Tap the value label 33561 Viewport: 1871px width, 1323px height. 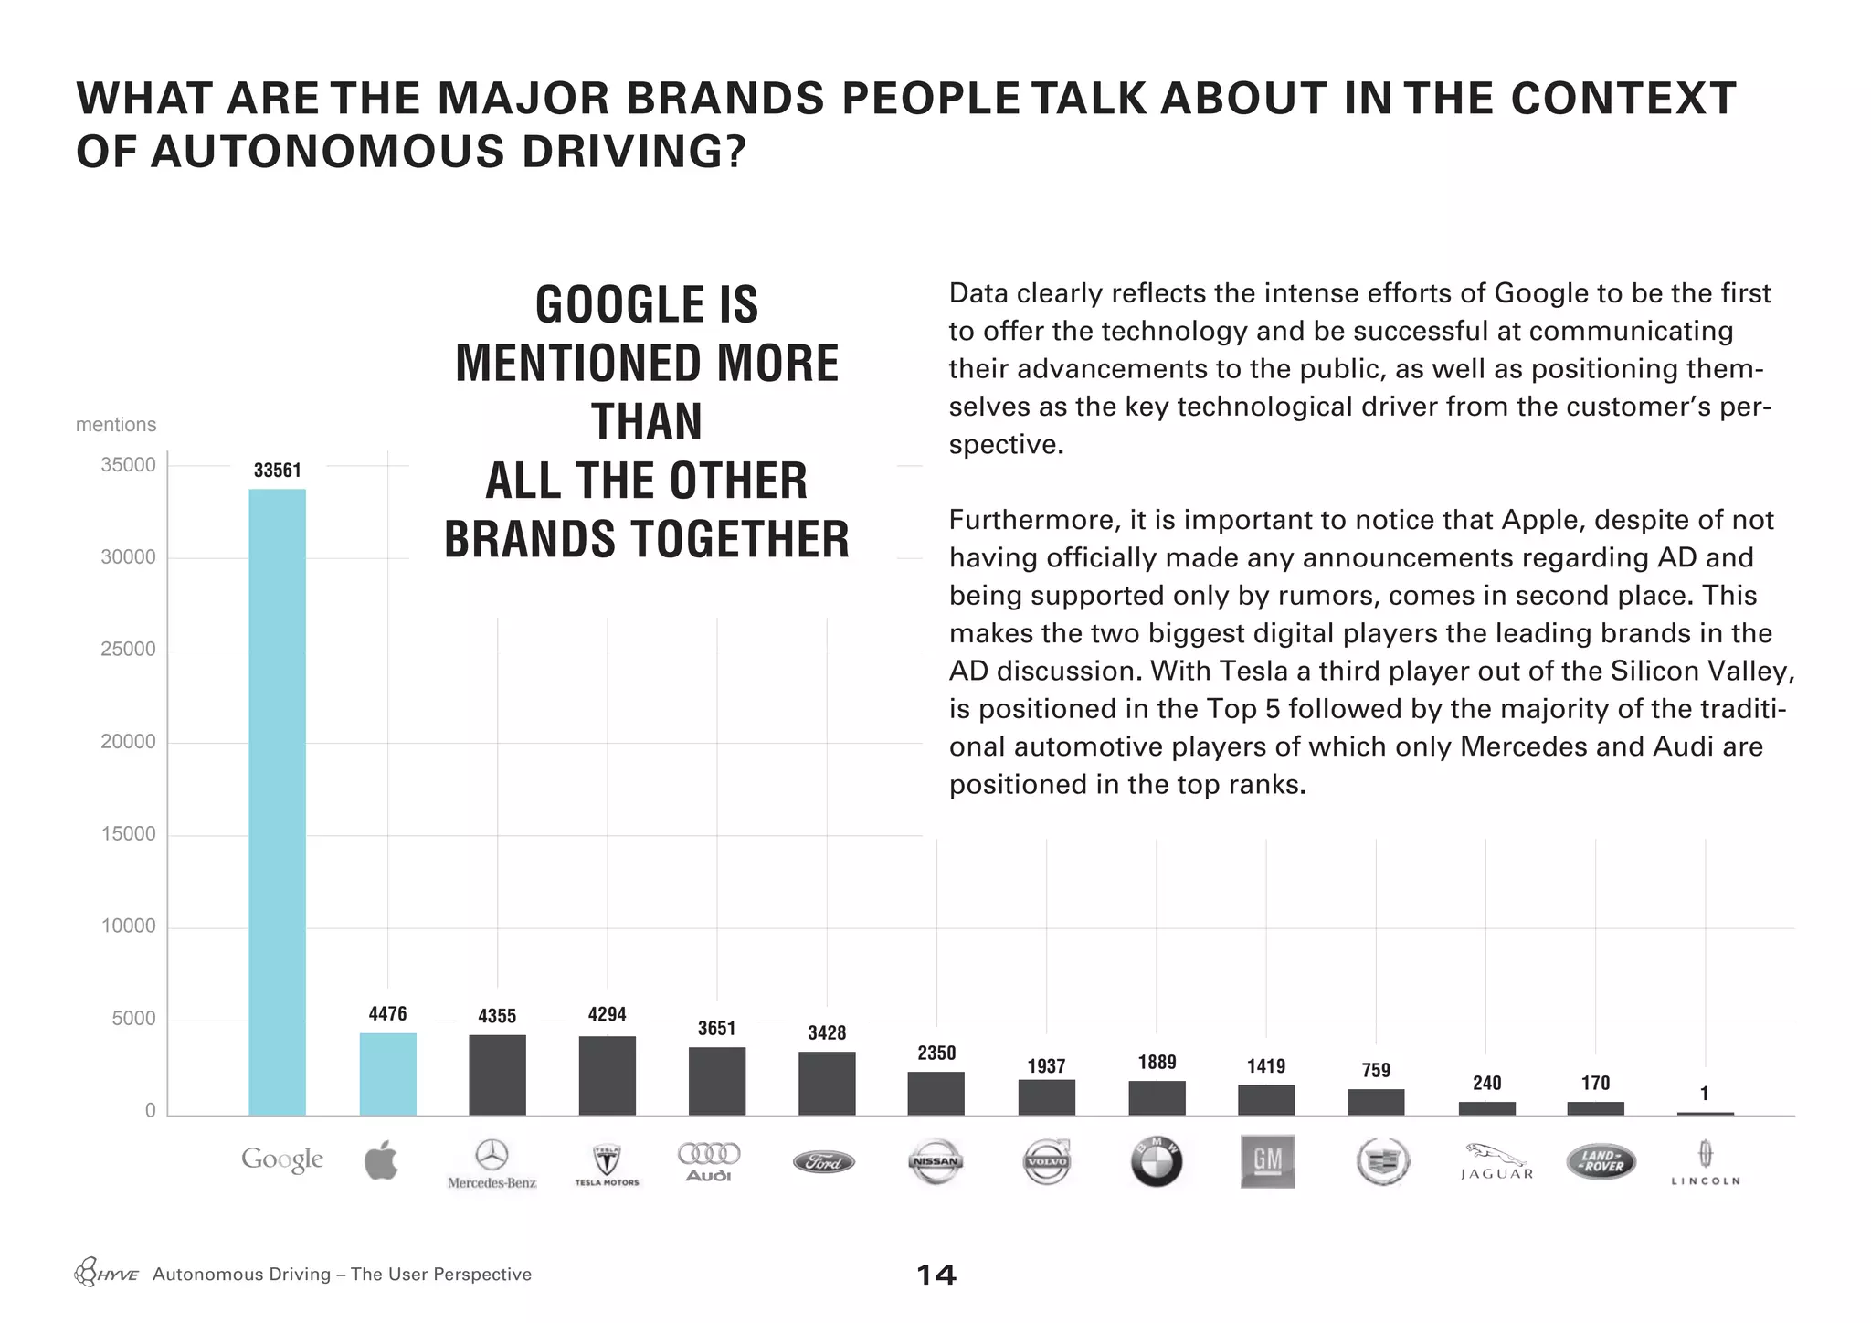coord(277,471)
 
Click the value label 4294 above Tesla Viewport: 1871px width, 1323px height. coord(607,1014)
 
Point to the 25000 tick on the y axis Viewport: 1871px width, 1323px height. coord(128,650)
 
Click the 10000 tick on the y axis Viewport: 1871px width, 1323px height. coord(128,926)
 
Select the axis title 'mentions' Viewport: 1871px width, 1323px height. coord(116,425)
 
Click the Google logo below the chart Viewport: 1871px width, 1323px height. coord(281,1160)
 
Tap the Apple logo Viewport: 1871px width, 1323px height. coord(381,1160)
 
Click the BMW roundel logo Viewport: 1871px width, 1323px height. coord(1156,1162)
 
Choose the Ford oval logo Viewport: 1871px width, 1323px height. coord(824,1162)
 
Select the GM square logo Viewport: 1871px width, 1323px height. coord(1267,1161)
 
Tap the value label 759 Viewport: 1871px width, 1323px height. coord(1375,1070)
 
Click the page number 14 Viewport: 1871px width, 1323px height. coord(935,1275)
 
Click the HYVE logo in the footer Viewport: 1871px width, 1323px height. coord(106,1274)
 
